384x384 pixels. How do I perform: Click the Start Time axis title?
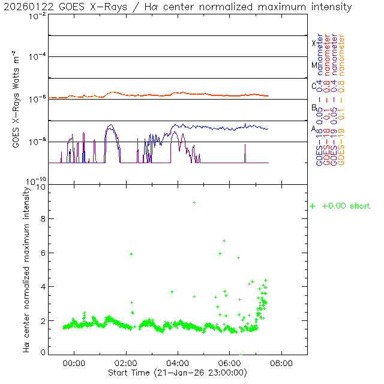coord(178,373)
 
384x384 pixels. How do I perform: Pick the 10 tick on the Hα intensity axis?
coord(41,187)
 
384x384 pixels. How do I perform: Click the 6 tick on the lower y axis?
coord(43,253)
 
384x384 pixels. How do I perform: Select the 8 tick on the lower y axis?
coord(43,219)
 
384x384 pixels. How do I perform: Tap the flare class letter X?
coord(314,43)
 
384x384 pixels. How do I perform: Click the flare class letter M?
coord(314,65)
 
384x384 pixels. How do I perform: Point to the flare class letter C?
coord(314,86)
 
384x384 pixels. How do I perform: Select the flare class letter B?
coord(314,107)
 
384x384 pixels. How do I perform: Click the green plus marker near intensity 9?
coord(194,203)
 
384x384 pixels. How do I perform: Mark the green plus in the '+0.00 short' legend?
coord(313,206)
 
